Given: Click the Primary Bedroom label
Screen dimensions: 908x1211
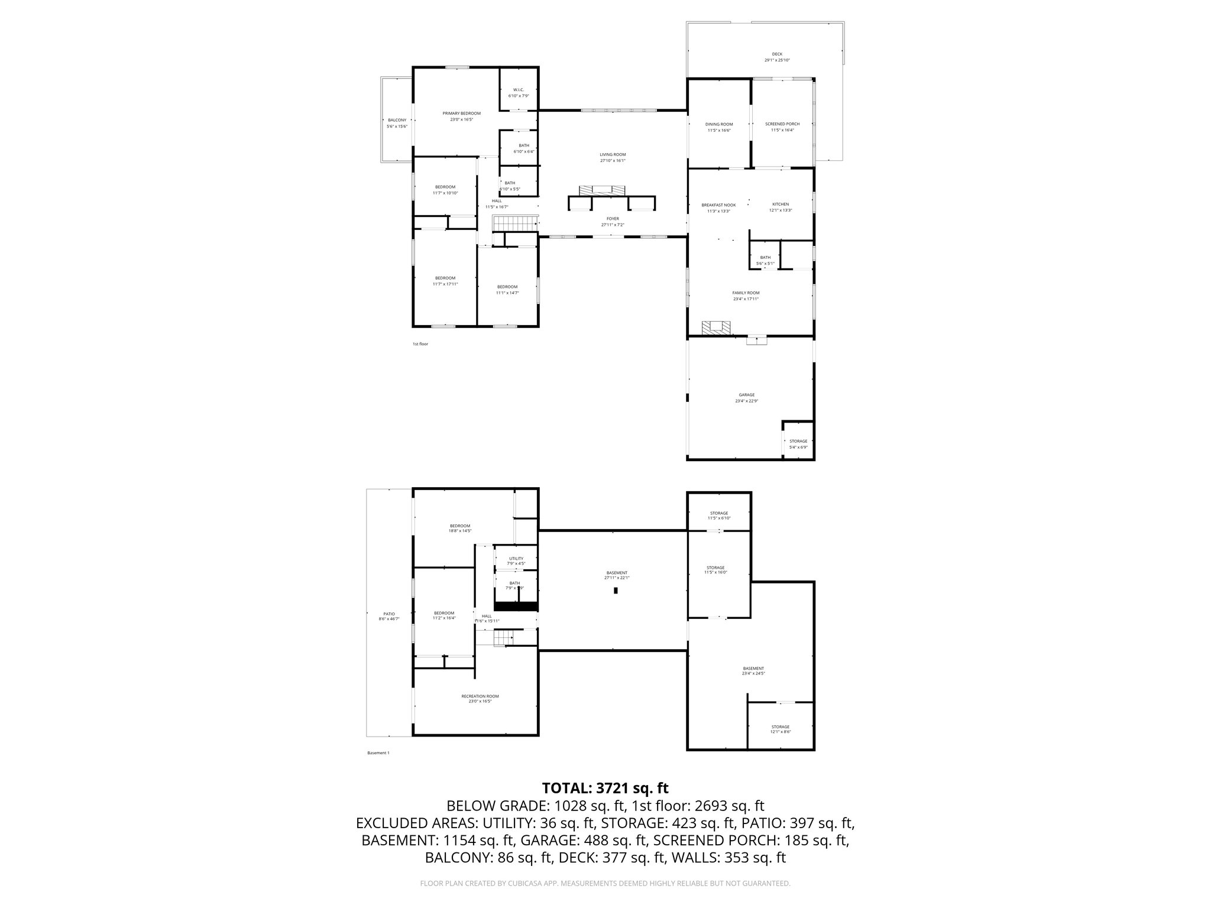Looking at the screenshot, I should tap(461, 113).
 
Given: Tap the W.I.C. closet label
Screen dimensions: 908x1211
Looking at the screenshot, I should tap(519, 90).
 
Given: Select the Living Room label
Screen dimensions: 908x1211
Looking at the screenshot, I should tap(613, 154).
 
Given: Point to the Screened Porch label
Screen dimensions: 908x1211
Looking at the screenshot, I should tap(782, 124).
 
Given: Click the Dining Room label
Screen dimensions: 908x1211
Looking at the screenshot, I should tap(719, 124).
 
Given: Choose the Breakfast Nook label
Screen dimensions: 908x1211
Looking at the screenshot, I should tap(718, 205).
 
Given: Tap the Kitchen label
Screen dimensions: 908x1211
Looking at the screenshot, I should tap(781, 204).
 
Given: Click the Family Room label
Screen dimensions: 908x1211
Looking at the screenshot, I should tap(746, 293).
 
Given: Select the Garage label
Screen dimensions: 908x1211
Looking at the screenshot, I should tap(746, 395).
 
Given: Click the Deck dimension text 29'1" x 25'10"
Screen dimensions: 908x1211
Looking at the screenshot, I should tap(777, 60).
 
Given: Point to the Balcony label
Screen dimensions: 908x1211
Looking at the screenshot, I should tap(397, 120).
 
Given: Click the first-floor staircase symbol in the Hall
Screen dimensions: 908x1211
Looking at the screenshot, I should tap(514, 223).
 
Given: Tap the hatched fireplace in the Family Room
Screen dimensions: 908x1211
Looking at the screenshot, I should tap(716, 327).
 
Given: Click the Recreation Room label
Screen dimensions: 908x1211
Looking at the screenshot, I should tap(480, 696).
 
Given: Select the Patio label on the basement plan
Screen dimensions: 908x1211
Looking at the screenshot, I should tap(388, 614).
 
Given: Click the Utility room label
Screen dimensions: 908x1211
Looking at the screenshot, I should tap(516, 558).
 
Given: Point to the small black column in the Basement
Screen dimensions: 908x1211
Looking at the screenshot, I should tap(616, 591).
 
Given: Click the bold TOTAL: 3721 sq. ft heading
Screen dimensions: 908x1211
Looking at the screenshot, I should tap(605, 788).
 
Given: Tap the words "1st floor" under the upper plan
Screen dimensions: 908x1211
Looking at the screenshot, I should tap(420, 344).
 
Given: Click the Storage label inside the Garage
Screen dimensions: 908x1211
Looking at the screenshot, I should tap(798, 441).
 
